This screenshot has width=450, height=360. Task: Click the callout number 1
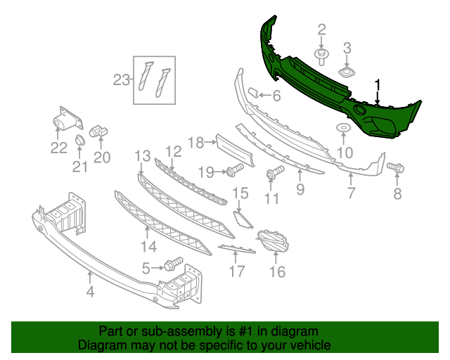pos(378,86)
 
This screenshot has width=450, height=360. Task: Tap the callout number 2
pos(322,30)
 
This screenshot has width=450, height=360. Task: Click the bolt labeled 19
pos(235,170)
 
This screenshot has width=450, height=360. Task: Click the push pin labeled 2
pos(322,53)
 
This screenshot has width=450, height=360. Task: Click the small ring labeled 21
pos(79,143)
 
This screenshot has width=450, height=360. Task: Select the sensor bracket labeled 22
pos(65,121)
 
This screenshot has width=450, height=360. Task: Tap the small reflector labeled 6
pos(251,92)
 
